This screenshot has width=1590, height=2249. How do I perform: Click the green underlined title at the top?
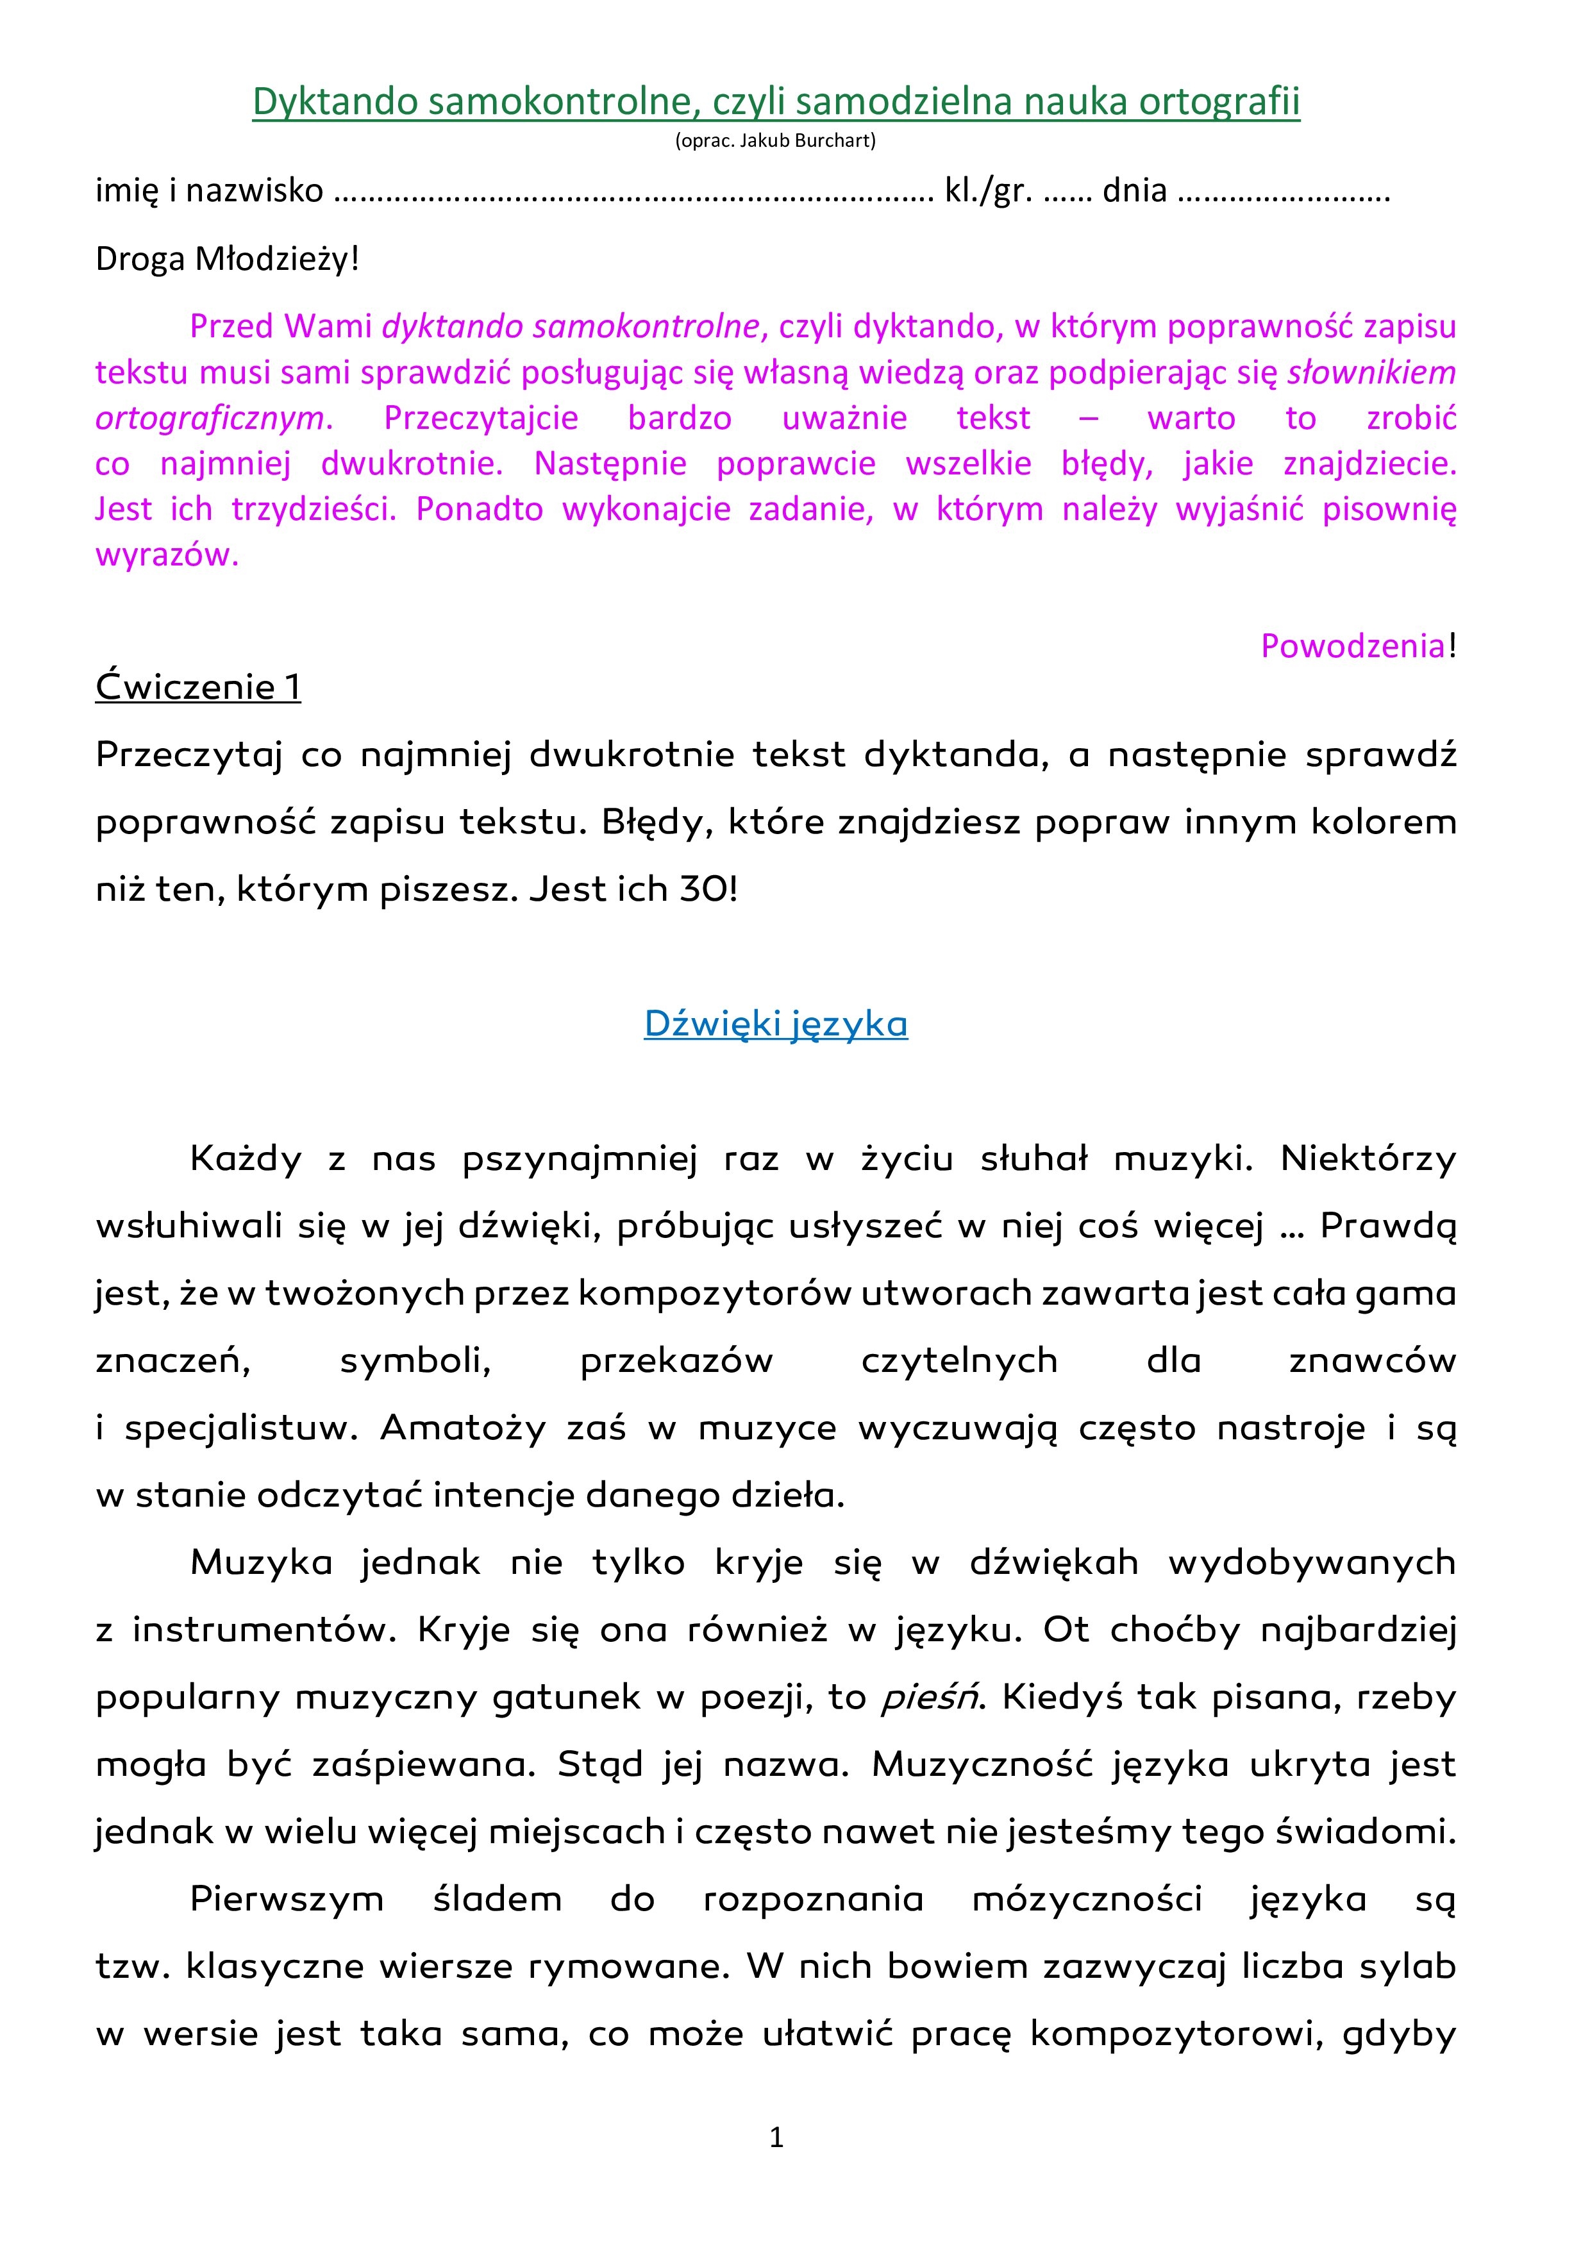pyautogui.click(x=776, y=101)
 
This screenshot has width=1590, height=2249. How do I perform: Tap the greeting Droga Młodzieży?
pyautogui.click(x=228, y=260)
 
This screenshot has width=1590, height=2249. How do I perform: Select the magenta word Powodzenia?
pyautogui.click(x=1352, y=646)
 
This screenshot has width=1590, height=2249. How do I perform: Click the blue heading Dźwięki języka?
pyautogui.click(x=776, y=1024)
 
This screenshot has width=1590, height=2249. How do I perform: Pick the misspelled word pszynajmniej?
pyautogui.click(x=580, y=1158)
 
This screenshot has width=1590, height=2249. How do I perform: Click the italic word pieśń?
pyautogui.click(x=929, y=1698)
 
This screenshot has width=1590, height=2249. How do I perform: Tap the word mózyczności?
pyautogui.click(x=1087, y=1900)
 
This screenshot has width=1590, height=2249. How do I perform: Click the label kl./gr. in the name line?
pyautogui.click(x=987, y=190)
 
